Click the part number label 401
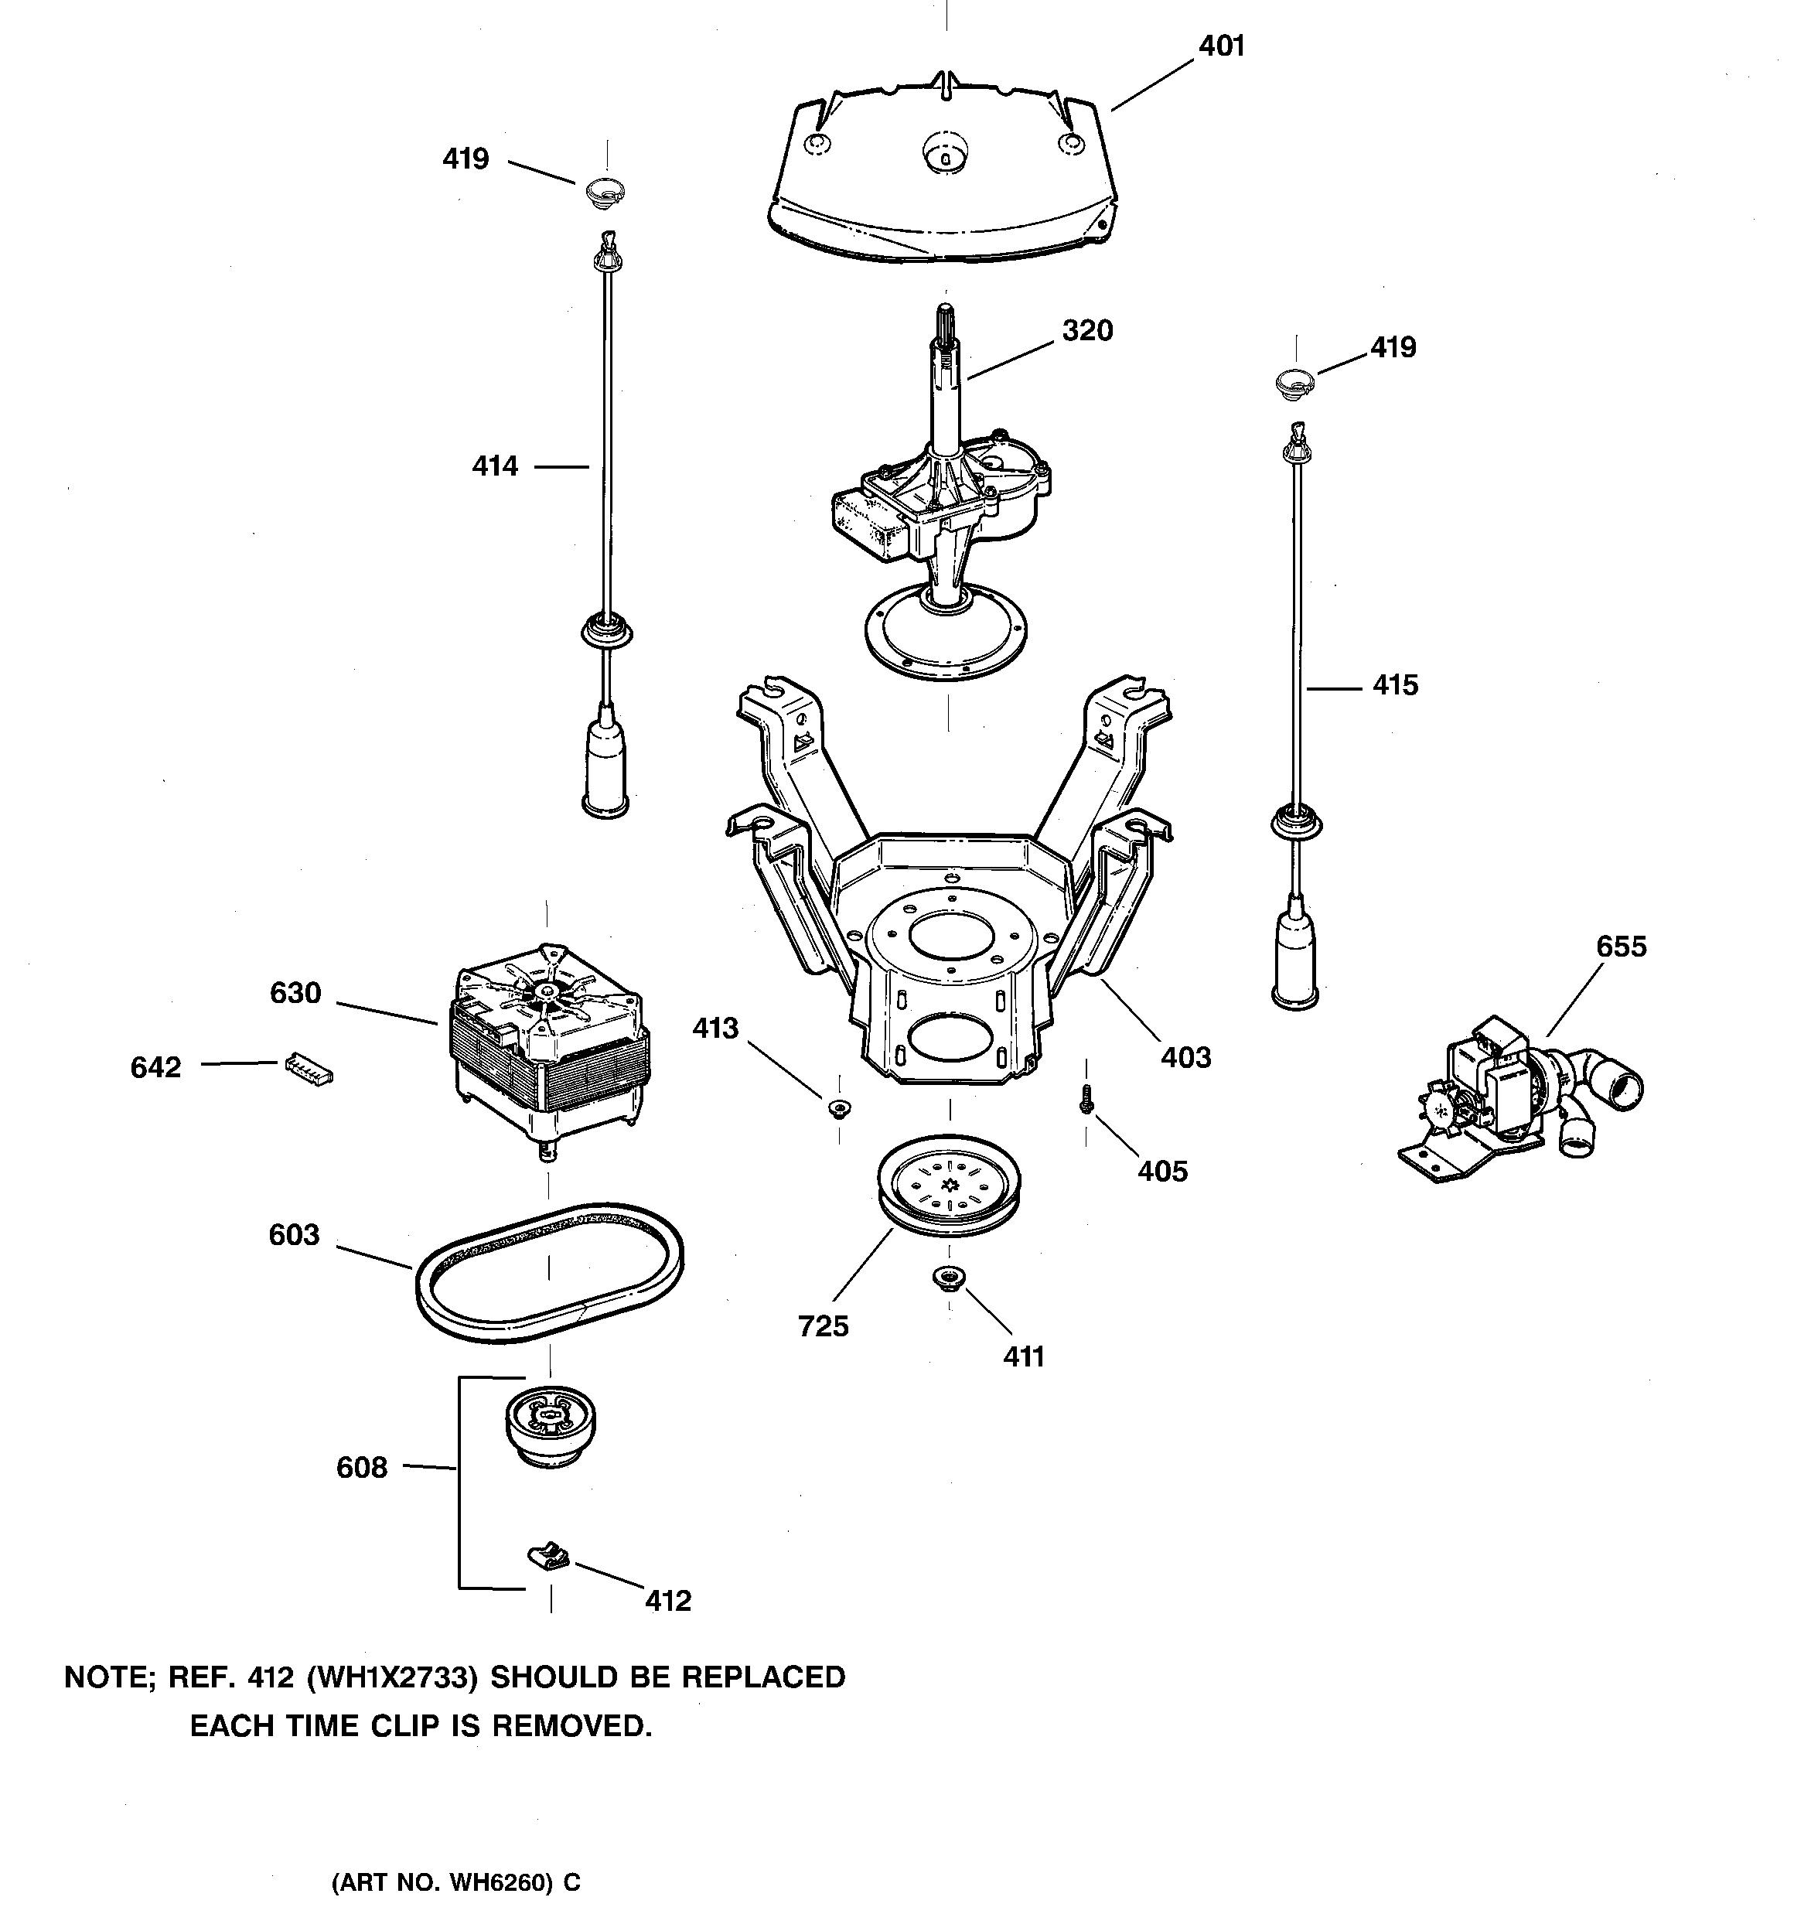tap(1221, 46)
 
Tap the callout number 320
tap(1087, 330)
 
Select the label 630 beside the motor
tap(295, 993)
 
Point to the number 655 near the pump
tap(1622, 947)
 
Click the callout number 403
tap(1185, 1057)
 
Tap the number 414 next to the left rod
tap(495, 466)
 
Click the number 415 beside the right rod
tap(1395, 685)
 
